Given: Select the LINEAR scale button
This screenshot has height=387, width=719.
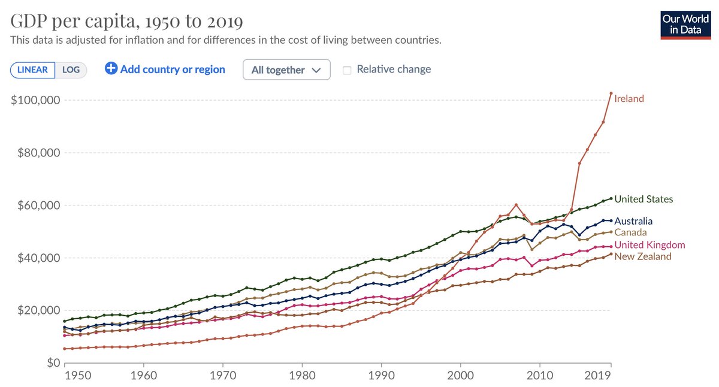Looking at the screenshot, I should coord(33,69).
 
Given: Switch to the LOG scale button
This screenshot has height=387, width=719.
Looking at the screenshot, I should coord(71,69).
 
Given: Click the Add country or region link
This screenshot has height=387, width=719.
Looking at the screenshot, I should coord(165,69).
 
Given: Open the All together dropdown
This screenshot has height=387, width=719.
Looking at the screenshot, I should coord(286,69).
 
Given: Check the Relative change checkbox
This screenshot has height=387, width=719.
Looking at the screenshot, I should coord(347,69).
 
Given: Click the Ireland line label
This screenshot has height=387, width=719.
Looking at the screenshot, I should coord(629,99).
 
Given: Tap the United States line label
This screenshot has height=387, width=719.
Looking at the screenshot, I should coord(644,199).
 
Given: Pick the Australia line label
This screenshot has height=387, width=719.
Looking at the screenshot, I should coord(633,221).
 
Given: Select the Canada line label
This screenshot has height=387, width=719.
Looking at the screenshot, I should coord(630,232).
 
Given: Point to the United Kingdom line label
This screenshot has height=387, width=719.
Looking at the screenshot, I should coord(649,245).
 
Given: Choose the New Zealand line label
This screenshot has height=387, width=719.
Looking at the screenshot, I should coord(643,256).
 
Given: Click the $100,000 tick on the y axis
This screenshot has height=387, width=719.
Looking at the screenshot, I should coord(35,100).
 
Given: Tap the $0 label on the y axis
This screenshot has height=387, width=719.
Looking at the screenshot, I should coord(52,363).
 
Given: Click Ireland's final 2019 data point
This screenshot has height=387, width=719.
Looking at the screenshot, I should coord(611,93).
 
